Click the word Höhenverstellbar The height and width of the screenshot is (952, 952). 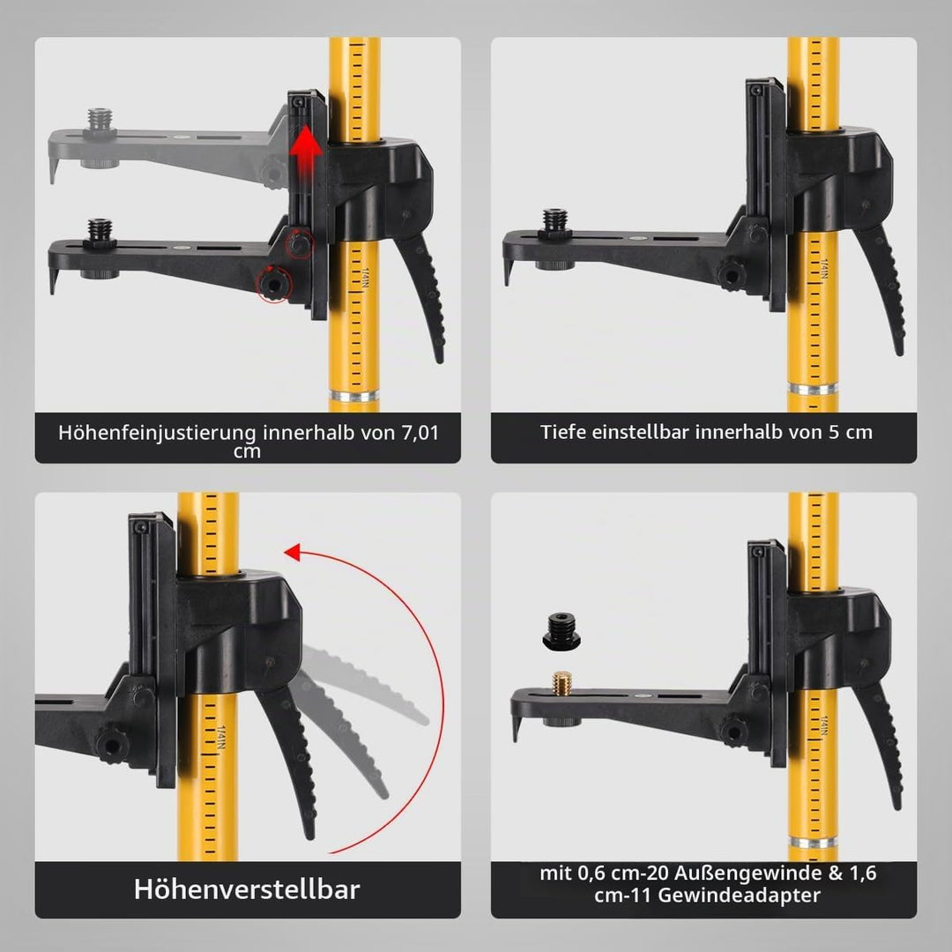tap(247, 889)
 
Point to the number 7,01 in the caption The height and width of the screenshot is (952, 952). tap(420, 434)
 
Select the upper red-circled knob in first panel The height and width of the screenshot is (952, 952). tap(299, 243)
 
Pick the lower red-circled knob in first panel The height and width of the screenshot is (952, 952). tap(274, 284)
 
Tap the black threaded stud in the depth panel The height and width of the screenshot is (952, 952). tap(555, 221)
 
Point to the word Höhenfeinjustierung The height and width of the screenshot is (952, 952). tap(158, 434)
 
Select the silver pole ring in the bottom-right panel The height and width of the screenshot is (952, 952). tap(813, 841)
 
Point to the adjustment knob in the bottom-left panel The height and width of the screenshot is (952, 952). tap(110, 744)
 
